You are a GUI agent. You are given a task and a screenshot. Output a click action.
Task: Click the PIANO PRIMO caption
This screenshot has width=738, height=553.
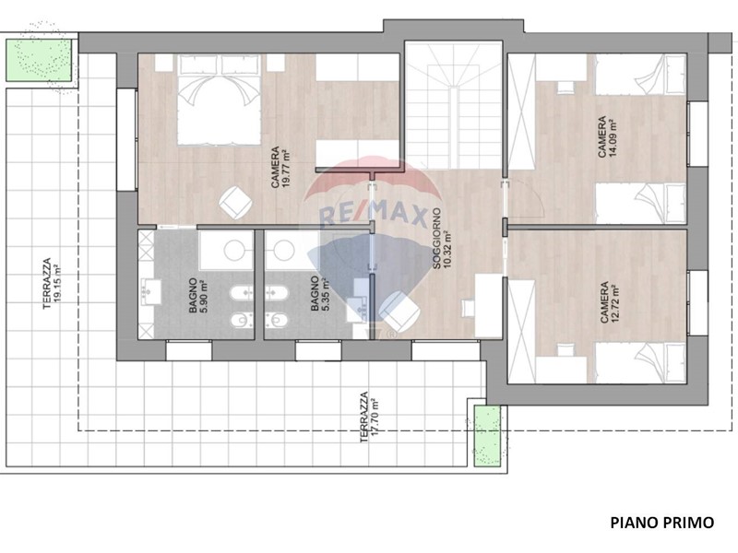point(661,523)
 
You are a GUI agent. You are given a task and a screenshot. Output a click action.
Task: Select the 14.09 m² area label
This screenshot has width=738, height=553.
point(613,137)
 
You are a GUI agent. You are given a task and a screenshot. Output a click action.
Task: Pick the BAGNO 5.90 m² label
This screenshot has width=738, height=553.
point(198,296)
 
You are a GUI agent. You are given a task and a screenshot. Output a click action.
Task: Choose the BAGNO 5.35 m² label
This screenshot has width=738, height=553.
point(320,294)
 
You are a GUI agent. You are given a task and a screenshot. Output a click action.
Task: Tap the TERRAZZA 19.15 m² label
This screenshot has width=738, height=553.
point(52,283)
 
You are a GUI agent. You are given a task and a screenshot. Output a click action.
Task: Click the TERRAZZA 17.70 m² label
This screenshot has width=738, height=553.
point(369,418)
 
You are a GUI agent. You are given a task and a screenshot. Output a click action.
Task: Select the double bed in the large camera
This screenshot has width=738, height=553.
point(219,100)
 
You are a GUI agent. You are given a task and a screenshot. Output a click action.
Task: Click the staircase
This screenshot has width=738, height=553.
point(454,104)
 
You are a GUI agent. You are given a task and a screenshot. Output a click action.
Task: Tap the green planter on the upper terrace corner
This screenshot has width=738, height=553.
point(39,60)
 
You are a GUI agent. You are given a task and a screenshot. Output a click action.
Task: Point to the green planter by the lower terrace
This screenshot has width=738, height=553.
point(487,436)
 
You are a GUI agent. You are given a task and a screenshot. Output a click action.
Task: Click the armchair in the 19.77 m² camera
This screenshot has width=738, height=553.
point(235,202)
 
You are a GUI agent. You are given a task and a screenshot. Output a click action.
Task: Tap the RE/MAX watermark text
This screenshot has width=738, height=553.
point(373,216)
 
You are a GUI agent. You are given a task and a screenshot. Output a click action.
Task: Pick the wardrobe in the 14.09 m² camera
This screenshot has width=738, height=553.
point(522,112)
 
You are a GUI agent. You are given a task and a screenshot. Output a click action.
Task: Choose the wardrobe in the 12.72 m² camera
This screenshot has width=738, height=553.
point(522,331)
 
